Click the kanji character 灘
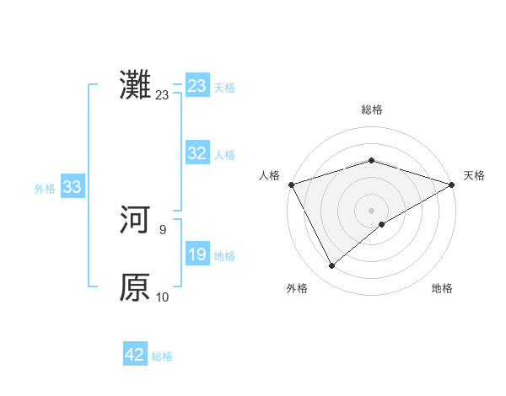point(135,86)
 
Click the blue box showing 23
point(197,86)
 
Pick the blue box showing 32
point(197,153)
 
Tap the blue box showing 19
point(197,254)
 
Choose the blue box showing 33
point(72,187)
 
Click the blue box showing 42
point(135,355)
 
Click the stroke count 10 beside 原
point(163,297)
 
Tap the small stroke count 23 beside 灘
point(162,95)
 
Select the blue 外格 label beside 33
point(45,189)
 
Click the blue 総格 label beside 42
point(162,356)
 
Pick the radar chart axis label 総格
point(371,110)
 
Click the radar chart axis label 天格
point(475,175)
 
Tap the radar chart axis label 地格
point(442,288)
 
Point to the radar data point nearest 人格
point(291,184)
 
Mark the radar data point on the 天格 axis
point(451,184)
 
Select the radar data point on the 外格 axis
point(331,266)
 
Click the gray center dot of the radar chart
point(371,210)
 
